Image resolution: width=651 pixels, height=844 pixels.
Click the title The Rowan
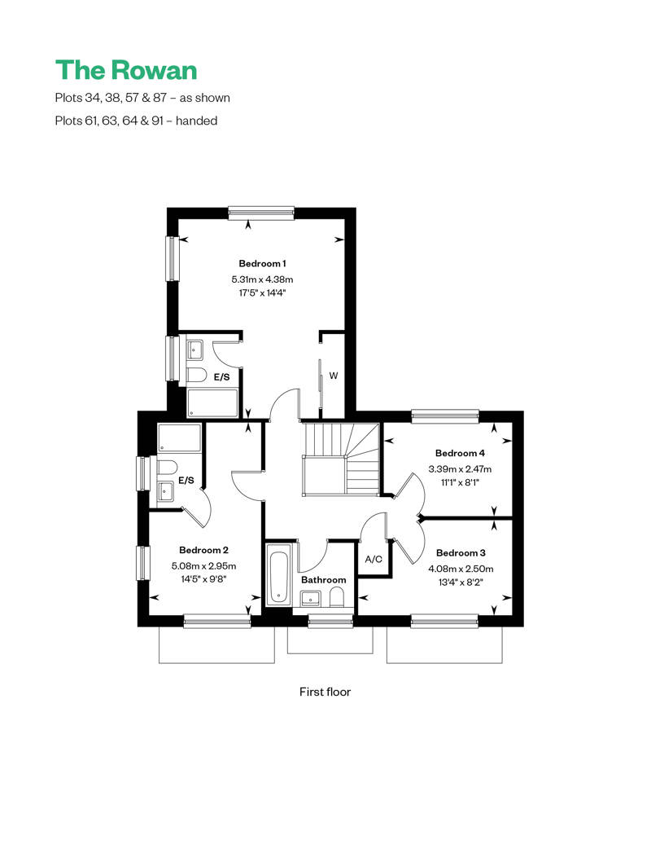[x=126, y=69]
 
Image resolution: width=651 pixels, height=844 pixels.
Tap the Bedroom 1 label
[x=262, y=264]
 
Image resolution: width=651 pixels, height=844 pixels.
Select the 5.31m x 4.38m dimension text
[x=262, y=279]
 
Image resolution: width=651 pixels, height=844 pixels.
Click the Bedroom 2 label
[x=203, y=549]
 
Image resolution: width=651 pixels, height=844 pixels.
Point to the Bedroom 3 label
[x=460, y=552]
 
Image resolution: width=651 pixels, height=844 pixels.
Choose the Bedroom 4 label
[x=460, y=453]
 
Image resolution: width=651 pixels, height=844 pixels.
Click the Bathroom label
[x=323, y=580]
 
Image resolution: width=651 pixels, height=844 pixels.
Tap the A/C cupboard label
[x=374, y=560]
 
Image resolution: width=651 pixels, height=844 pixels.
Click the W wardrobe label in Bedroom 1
[x=333, y=376]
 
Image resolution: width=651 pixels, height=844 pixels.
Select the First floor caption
[x=325, y=692]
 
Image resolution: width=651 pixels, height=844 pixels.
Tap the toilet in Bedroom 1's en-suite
[x=196, y=376]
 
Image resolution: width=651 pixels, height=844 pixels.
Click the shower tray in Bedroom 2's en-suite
[x=179, y=439]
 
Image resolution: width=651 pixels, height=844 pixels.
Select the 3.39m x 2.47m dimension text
[x=460, y=468]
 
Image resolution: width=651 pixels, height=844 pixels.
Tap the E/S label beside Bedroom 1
[x=221, y=377]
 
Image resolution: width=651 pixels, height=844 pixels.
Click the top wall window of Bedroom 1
[x=261, y=213]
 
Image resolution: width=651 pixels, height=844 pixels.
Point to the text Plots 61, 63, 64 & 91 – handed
[x=136, y=121]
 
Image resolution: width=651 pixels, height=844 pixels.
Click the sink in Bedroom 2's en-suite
[x=166, y=491]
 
